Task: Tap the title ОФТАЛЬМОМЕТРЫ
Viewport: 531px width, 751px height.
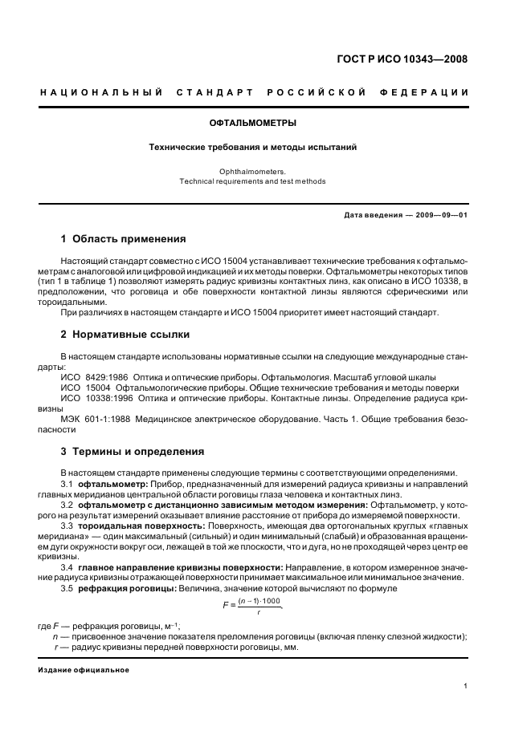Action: point(253,124)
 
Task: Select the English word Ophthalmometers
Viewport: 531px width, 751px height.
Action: point(253,171)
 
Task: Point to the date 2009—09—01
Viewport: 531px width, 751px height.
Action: point(439,215)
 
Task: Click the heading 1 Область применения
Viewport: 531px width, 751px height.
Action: point(124,239)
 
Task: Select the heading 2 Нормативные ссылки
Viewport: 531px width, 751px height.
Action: point(125,334)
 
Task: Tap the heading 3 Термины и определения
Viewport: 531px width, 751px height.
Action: point(133,452)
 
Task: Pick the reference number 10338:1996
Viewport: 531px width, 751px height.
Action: point(107,397)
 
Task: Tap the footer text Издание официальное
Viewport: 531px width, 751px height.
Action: point(84,669)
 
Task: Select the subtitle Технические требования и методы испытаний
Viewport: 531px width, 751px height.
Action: point(253,148)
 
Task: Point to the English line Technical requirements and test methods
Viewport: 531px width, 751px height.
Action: point(253,181)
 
